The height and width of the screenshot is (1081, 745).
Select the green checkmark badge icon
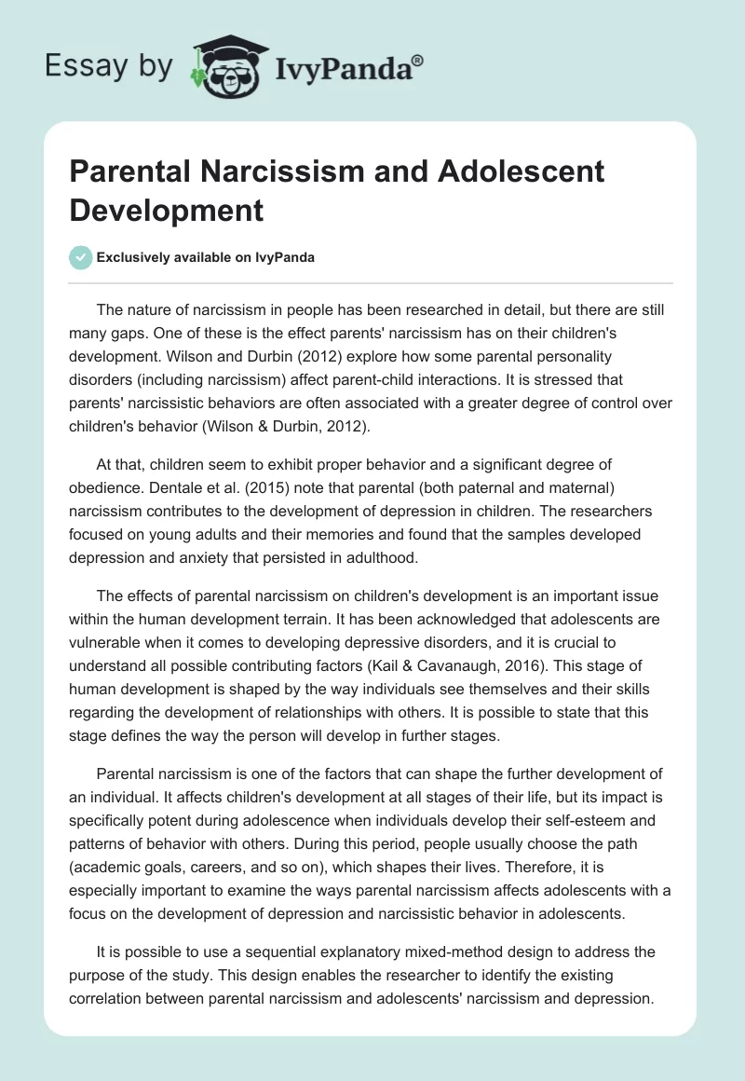(81, 258)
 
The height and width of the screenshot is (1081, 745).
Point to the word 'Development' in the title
(166, 210)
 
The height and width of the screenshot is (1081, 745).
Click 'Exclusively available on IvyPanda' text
(205, 258)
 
